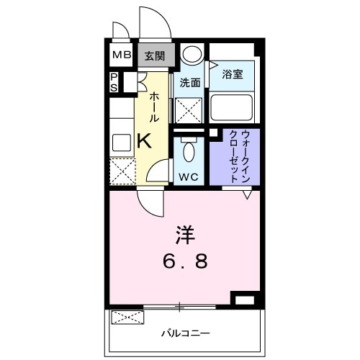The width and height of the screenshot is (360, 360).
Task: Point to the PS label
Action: point(114,82)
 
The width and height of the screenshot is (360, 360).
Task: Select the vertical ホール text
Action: point(153,107)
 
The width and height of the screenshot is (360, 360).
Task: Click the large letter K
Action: point(144,140)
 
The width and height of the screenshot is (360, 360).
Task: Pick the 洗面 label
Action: point(189,82)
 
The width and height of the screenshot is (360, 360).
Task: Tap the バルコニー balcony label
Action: point(184,333)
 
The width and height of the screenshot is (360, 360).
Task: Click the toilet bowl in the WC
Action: point(189,152)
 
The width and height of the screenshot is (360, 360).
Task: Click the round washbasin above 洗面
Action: point(192,55)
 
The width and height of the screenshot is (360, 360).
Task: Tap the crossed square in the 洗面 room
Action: point(190,112)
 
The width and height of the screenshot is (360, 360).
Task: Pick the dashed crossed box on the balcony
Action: point(125,317)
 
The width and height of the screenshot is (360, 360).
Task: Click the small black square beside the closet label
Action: point(213,133)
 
